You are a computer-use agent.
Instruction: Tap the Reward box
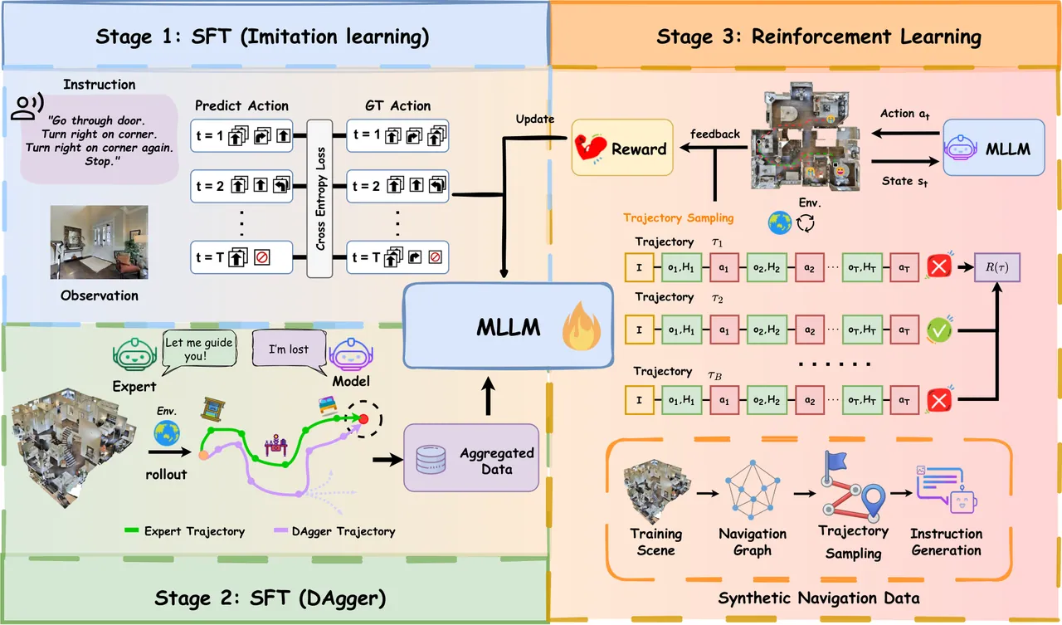tap(622, 148)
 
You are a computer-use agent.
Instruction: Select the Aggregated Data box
tap(471, 457)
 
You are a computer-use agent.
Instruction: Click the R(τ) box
tap(997, 267)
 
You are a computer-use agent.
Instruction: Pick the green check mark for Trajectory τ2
tap(938, 330)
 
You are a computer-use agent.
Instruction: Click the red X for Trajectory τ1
tap(938, 266)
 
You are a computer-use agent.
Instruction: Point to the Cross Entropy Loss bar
tap(319, 198)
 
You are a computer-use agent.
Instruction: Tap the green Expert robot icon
tap(134, 354)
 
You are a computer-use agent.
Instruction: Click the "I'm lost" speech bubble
tap(290, 350)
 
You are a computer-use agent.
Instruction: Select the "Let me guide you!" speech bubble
tap(199, 349)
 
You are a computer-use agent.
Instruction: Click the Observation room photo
tap(99, 242)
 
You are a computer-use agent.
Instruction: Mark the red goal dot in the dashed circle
tap(363, 418)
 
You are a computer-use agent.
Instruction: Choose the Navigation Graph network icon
tap(753, 489)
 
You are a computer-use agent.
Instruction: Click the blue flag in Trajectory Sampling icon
tap(835, 460)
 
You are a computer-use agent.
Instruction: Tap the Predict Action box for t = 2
tap(241, 186)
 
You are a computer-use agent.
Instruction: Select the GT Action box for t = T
tap(397, 257)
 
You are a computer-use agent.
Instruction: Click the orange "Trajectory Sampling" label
tap(678, 217)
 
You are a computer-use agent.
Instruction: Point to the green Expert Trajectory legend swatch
tap(131, 530)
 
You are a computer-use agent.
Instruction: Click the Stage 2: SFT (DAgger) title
tap(270, 598)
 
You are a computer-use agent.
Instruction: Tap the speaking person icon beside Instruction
tap(27, 106)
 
